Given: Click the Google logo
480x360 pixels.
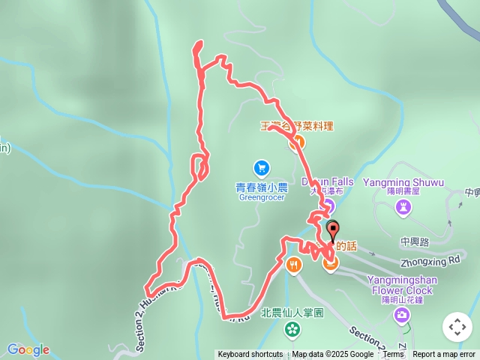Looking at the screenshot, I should click(x=28, y=349).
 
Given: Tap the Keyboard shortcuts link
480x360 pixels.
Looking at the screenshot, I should click(x=250, y=355).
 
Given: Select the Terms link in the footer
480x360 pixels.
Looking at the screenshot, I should click(x=393, y=355).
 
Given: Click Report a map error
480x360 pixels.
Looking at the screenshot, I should click(x=444, y=355).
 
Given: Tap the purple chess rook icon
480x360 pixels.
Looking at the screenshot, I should click(x=404, y=206).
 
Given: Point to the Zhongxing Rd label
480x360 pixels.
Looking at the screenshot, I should click(x=430, y=262).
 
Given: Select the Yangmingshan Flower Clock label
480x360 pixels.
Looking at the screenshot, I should click(x=400, y=286).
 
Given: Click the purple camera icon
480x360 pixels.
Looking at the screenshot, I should click(x=402, y=314).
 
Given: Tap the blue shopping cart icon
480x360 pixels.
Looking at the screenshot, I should click(x=260, y=167).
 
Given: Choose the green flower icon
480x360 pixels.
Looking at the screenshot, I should click(x=291, y=328).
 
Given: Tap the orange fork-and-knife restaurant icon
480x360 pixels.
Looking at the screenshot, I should click(x=293, y=264).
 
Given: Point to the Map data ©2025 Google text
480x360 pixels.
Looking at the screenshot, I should click(x=332, y=355).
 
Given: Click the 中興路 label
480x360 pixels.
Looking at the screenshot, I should click(x=414, y=241).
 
